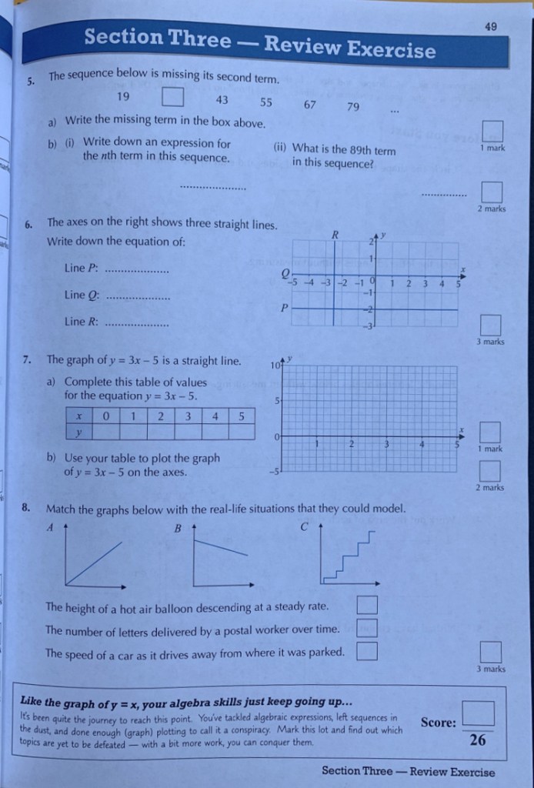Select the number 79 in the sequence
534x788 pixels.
point(353,106)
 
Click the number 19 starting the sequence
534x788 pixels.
point(123,96)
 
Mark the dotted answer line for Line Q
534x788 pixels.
point(137,298)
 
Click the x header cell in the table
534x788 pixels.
point(78,416)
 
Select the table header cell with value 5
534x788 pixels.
point(241,416)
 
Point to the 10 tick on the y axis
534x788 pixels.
point(277,365)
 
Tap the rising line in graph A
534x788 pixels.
point(95,563)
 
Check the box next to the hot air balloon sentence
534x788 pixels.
point(367,606)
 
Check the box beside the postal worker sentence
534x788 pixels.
point(367,629)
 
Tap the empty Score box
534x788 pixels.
point(477,713)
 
